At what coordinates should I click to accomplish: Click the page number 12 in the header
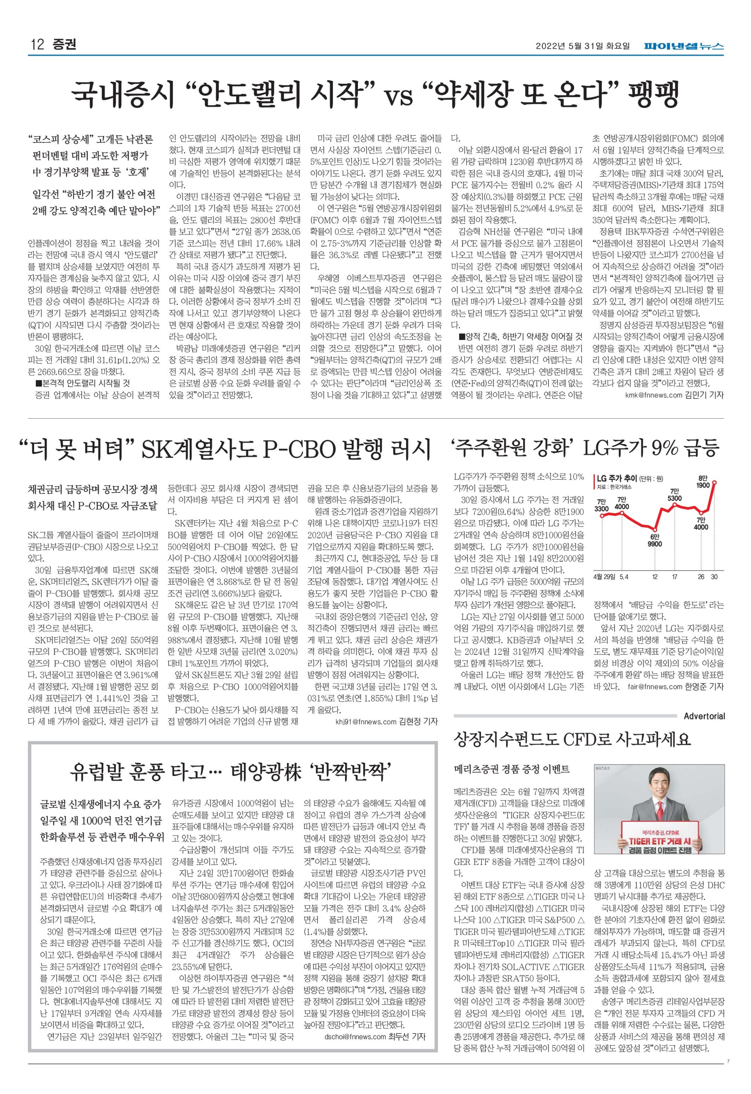pyautogui.click(x=37, y=45)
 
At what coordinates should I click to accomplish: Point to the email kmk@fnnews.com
pyautogui.click(x=653, y=395)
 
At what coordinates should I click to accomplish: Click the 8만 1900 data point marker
pyautogui.click(x=714, y=482)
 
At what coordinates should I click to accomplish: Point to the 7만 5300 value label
pyautogui.click(x=675, y=495)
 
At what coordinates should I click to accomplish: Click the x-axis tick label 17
pyautogui.click(x=675, y=577)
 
